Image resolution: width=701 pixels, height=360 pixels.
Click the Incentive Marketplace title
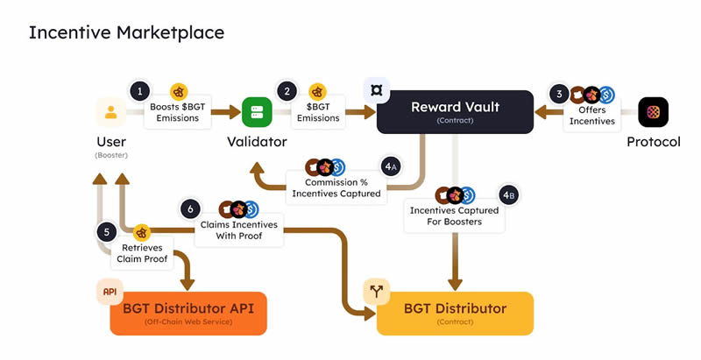pos(126,32)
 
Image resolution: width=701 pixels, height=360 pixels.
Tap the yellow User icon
pos(111,112)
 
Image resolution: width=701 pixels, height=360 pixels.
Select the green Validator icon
pos(257,112)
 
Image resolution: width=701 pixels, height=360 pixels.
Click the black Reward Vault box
pos(455,112)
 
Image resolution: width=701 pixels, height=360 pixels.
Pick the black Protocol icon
pos(653,112)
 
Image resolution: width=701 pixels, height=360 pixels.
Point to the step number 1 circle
pos(138,90)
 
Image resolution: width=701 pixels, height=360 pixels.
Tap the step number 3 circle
pos(558,93)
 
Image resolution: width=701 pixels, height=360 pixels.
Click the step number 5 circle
pos(107,232)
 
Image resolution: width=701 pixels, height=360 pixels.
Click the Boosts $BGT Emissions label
pos(179,112)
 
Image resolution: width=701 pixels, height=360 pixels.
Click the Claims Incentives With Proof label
pos(239,230)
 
